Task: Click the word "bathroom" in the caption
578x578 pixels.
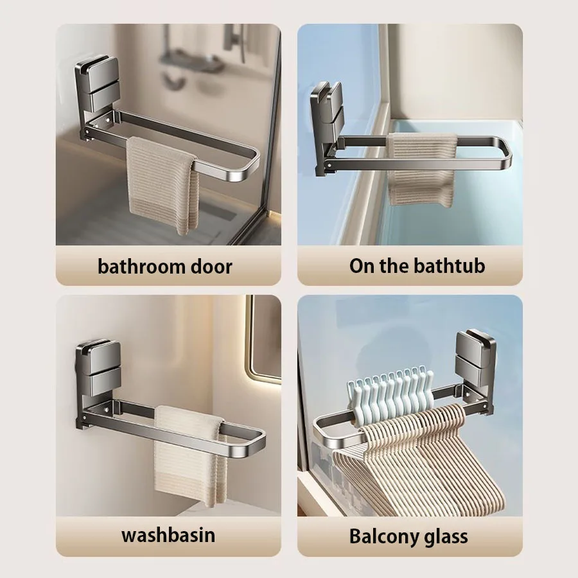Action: [x=141, y=267]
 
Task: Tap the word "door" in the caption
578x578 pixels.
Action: [x=211, y=267]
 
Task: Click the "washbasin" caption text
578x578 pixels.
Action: [x=168, y=535]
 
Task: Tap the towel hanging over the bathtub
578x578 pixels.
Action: [x=422, y=170]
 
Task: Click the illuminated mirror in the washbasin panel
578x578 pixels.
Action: [x=263, y=339]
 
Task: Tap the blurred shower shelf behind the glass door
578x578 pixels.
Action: [x=191, y=64]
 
